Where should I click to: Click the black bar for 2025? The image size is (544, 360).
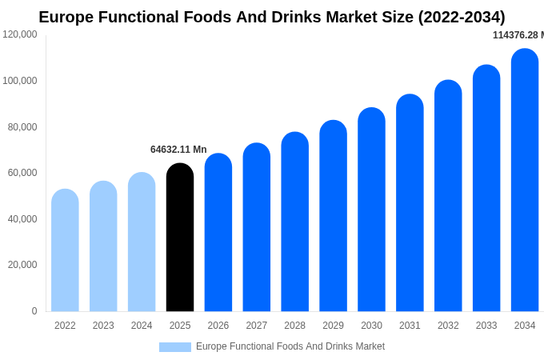click(180, 238)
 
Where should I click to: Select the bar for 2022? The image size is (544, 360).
click(65, 250)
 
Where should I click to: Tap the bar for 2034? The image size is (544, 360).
click(525, 180)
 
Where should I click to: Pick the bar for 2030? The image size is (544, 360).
click(371, 210)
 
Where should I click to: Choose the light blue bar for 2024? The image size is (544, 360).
click(142, 242)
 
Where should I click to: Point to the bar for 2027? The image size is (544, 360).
click(257, 227)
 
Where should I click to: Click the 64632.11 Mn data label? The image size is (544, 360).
click(178, 150)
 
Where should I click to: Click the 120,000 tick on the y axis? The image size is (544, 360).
click(20, 34)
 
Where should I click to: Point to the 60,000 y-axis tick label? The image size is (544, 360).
click(22, 173)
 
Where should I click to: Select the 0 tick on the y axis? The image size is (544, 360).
click(34, 311)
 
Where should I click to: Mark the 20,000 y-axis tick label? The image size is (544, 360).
click(22, 265)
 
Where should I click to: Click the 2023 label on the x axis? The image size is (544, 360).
click(103, 326)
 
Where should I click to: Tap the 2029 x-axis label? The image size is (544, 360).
click(333, 326)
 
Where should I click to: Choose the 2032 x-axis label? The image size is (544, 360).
click(448, 326)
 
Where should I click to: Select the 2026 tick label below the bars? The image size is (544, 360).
click(218, 326)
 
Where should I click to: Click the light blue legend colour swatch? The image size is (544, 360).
click(175, 347)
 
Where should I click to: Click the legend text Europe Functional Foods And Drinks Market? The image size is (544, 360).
click(290, 346)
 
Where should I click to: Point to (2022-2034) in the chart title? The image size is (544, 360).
click(462, 17)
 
